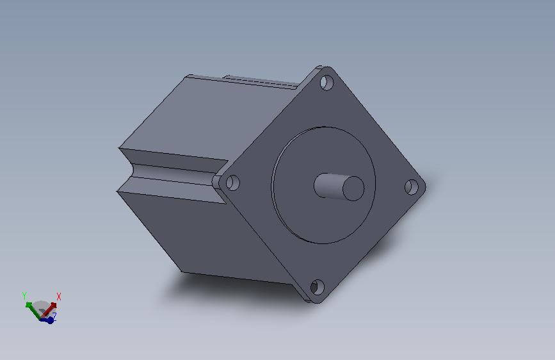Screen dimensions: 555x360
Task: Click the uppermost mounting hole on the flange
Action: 326,83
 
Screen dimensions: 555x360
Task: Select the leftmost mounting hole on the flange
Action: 232,183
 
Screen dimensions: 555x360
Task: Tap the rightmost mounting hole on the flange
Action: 412,187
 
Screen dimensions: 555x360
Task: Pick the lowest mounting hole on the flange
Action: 317,287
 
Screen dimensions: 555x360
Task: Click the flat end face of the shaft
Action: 353,188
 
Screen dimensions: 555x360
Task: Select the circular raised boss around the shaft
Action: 323,185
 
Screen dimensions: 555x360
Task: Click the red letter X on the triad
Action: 59,297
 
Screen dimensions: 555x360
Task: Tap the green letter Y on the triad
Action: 24,295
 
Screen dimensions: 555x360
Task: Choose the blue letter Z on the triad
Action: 54,315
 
